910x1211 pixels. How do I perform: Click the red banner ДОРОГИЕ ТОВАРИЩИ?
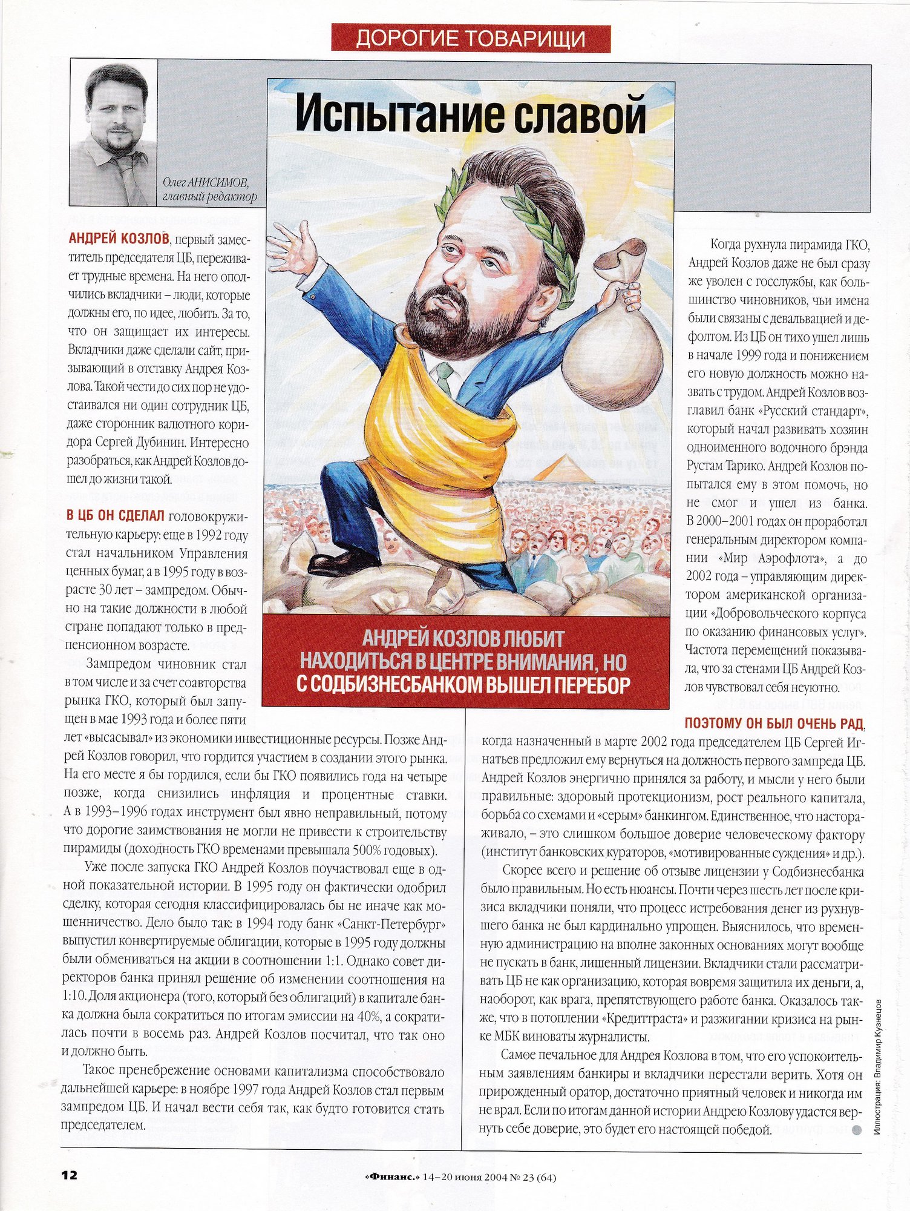(470, 38)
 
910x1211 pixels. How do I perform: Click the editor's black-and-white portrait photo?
(114, 133)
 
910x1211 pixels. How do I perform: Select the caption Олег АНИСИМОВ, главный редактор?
(209, 190)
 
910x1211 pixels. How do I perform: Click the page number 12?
(69, 1175)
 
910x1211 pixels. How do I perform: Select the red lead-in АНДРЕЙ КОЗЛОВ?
(119, 237)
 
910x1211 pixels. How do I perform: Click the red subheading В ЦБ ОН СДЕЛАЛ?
(116, 516)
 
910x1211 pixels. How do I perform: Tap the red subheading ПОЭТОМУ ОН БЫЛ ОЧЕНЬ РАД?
(774, 723)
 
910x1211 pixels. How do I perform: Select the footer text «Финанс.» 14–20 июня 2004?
(460, 1177)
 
